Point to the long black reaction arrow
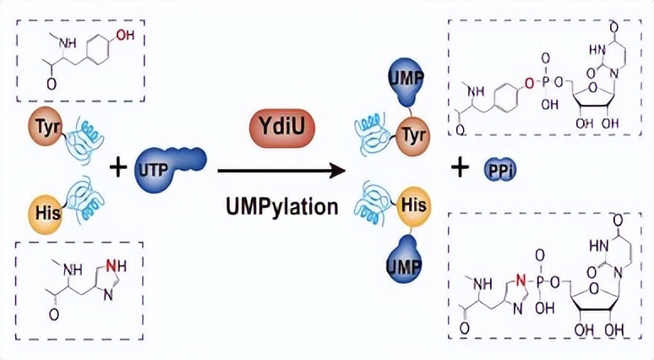tap(281, 171)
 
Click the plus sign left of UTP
tap(119, 168)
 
